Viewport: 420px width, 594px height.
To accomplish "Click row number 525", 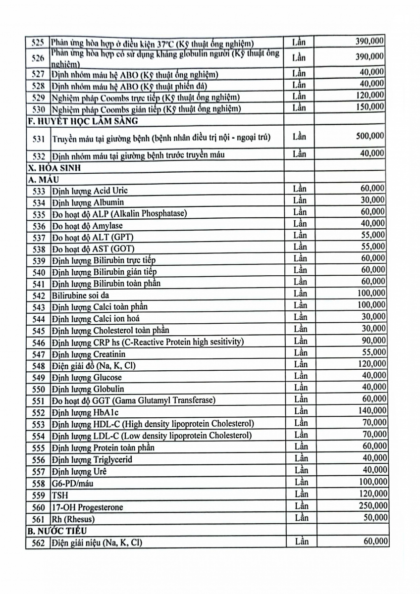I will pos(38,43).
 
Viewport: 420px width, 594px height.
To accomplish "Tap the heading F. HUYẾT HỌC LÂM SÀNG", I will pos(82,120).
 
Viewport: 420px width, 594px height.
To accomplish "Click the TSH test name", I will pos(58,495).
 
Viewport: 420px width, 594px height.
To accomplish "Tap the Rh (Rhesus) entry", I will pos(73,519).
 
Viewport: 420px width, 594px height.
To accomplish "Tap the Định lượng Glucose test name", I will pos(87,378).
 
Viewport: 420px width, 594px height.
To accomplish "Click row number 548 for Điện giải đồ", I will pos(38,366).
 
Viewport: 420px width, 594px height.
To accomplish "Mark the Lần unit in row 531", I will pos(299,136).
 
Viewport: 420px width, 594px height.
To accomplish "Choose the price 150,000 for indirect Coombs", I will pos(370,106).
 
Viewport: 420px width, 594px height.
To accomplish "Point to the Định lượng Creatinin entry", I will pos(89,354).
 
